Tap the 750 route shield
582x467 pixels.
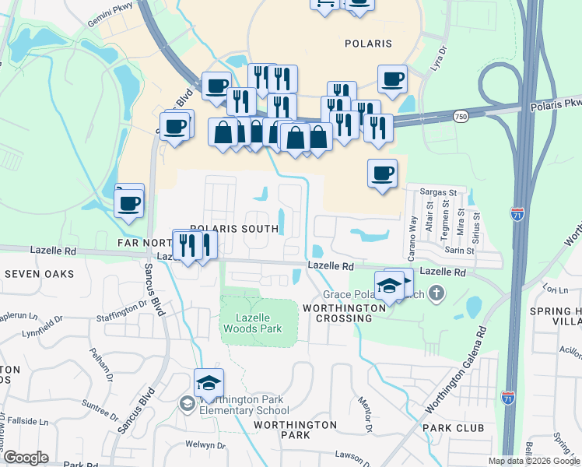click(x=461, y=116)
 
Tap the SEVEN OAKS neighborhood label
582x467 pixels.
click(x=39, y=274)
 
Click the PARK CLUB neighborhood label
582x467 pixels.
click(x=453, y=428)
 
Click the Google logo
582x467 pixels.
click(x=26, y=458)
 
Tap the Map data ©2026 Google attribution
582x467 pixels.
click(x=535, y=461)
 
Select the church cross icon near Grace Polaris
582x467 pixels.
click(x=436, y=293)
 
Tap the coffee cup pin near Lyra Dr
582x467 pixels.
click(x=393, y=79)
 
